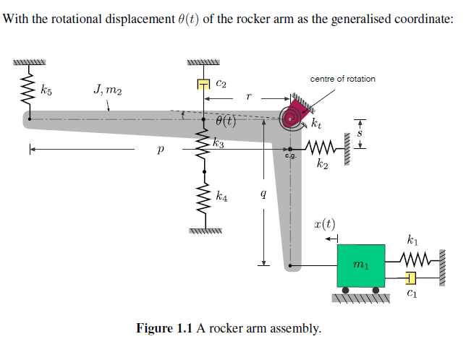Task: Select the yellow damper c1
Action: (x=410, y=278)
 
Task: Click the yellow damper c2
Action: (x=204, y=85)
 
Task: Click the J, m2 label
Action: (x=108, y=90)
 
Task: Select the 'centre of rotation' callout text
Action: (x=342, y=78)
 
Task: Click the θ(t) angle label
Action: (x=226, y=121)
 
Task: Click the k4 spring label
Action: (x=222, y=196)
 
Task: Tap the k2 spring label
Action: (x=323, y=166)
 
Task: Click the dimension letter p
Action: (x=160, y=150)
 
